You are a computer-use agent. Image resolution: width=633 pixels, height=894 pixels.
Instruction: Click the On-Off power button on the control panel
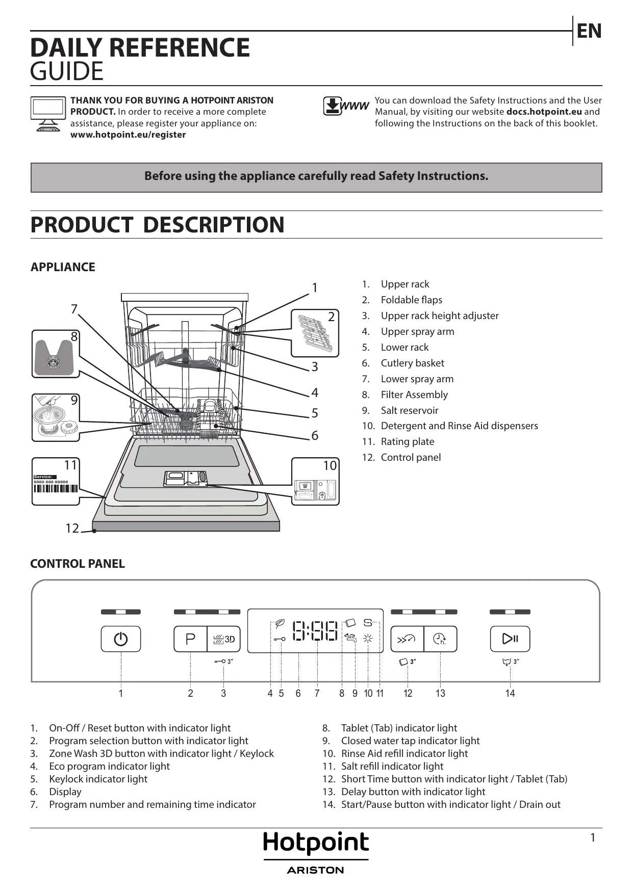pos(121,639)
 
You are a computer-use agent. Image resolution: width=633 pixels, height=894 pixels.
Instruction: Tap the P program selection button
pos(190,639)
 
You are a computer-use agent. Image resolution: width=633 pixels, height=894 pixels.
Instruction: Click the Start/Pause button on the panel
pos(510,639)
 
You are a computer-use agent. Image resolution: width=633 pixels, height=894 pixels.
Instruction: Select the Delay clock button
pos(440,639)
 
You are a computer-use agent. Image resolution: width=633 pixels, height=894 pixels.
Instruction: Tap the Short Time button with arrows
pos(407,639)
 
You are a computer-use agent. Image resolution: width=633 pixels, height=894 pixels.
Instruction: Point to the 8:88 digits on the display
pos(315,631)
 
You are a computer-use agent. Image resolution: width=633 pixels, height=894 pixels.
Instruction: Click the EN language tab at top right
pos(589,31)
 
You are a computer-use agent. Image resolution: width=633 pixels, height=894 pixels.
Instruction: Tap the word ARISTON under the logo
pos(316,870)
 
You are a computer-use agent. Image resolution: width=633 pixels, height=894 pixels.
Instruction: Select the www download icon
pos(345,106)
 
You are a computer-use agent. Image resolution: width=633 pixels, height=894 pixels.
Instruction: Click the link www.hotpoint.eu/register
pos(128,135)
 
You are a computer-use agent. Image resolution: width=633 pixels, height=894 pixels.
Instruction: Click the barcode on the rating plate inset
pos(56,488)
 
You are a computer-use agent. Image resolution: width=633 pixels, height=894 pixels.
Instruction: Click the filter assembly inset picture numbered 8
pos(56,354)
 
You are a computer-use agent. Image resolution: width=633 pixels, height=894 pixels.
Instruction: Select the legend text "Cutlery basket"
pos(412,363)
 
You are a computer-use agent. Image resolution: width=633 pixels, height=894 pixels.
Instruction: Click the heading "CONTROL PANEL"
pos(78,564)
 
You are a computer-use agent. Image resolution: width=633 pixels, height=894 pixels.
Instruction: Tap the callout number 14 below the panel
pos(510,693)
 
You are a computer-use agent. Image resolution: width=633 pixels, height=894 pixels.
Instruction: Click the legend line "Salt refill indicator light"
pos(392,766)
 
